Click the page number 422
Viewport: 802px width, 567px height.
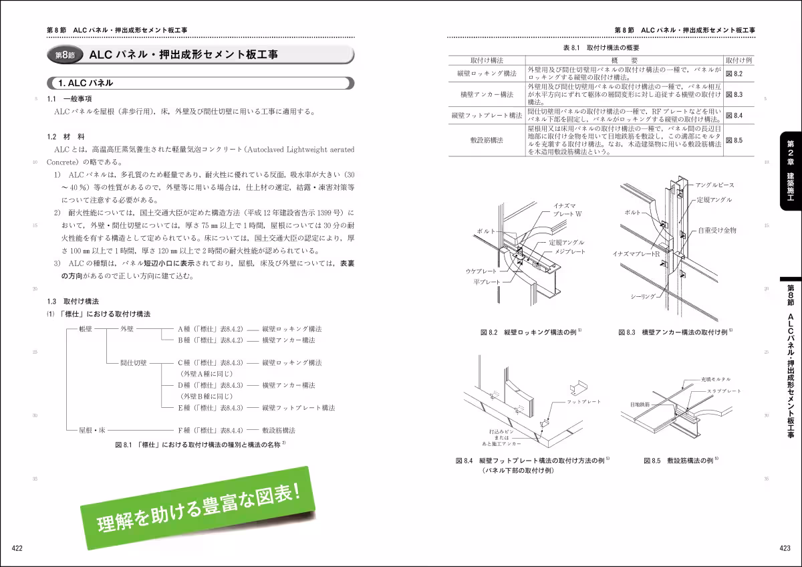click(17, 549)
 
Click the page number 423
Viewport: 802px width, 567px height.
click(785, 549)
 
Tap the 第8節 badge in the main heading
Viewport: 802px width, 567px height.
click(64, 56)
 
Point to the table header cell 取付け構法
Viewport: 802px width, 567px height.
click(487, 60)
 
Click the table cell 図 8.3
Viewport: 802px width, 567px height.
click(734, 95)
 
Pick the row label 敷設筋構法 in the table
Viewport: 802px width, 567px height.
click(487, 140)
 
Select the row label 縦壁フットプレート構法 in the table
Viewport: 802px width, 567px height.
click(487, 115)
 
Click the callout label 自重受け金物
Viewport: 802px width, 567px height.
click(717, 229)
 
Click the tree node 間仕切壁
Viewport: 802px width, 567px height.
click(134, 362)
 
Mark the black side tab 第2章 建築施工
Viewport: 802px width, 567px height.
click(789, 170)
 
